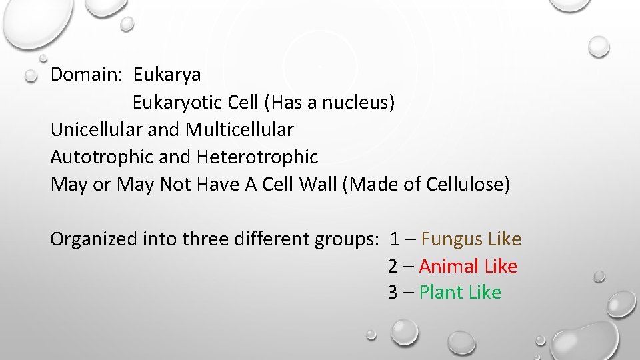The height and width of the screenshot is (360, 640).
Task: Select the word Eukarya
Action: point(167,75)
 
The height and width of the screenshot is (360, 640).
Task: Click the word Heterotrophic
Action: point(257,157)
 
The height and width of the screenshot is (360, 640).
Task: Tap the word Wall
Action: point(319,184)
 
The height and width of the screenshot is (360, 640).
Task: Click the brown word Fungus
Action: point(452,239)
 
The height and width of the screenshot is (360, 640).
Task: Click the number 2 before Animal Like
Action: point(393,267)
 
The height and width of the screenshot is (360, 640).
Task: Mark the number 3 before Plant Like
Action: point(393,293)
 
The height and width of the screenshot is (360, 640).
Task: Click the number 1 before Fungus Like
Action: point(395,239)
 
